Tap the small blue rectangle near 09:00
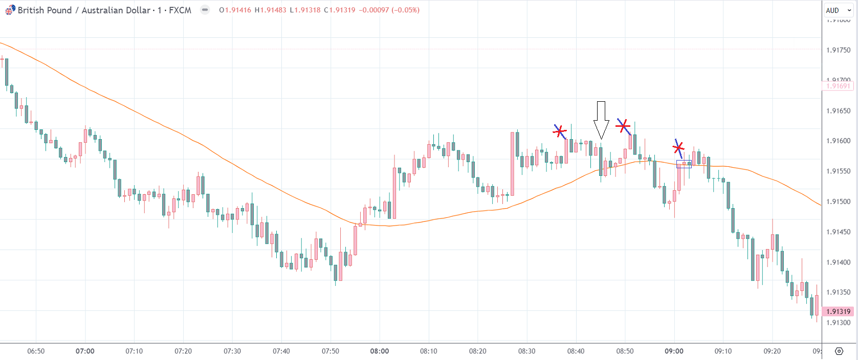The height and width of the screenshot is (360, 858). tap(684, 164)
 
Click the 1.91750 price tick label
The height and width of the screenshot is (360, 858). tap(839, 50)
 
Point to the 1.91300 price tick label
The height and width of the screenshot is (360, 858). tap(839, 323)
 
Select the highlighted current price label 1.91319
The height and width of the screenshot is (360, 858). tap(838, 311)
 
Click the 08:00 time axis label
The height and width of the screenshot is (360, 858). tap(380, 351)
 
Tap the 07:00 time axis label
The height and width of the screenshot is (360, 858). tap(85, 351)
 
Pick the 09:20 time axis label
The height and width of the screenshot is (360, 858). tap(772, 351)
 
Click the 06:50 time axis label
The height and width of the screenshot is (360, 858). tap(36, 351)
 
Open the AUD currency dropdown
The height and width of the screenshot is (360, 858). tap(838, 10)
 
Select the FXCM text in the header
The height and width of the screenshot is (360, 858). tap(180, 10)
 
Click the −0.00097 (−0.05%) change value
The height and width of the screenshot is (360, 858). tap(389, 10)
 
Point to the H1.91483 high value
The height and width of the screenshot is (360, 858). tap(271, 10)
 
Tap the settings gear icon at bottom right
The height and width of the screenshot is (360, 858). tap(839, 351)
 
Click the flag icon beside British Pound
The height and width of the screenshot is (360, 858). tap(10, 10)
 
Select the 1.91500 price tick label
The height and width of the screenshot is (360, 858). tap(839, 201)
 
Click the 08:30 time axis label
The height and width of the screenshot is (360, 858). tap(527, 351)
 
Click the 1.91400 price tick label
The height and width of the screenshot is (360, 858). tap(839, 262)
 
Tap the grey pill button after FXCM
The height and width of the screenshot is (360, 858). tap(205, 10)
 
